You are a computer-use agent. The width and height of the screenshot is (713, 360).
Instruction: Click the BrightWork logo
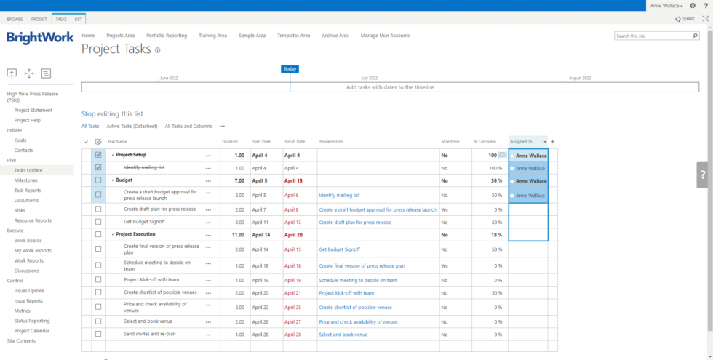pyautogui.click(x=40, y=37)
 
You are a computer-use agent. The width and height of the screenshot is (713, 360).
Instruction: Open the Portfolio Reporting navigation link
pyautogui.click(x=166, y=36)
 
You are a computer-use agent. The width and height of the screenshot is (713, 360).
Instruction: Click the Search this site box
pyautogui.click(x=652, y=36)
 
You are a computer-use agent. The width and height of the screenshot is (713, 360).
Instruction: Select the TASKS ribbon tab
pyautogui.click(x=60, y=19)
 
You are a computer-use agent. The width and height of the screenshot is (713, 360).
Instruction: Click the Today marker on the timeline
pyautogui.click(x=290, y=69)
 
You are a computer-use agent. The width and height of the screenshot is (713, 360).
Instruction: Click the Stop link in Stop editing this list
pyautogui.click(x=88, y=114)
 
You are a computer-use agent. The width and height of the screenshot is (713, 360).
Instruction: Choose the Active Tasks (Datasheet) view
pyautogui.click(x=132, y=126)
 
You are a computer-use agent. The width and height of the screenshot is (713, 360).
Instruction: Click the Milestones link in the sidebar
pyautogui.click(x=26, y=180)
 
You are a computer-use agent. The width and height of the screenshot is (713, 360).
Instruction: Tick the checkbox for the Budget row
pyautogui.click(x=98, y=180)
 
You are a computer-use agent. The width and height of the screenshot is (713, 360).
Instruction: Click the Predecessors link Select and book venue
pyautogui.click(x=343, y=335)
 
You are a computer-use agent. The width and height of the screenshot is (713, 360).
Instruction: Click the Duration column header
pyautogui.click(x=229, y=142)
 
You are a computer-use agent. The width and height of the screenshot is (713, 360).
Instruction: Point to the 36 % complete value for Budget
pyautogui.click(x=495, y=181)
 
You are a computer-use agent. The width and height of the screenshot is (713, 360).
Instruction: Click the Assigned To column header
pyautogui.click(x=521, y=142)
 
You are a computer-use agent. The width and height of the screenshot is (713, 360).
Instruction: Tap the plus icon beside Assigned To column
pyautogui.click(x=552, y=142)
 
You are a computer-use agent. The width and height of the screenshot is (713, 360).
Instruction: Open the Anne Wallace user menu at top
pyautogui.click(x=666, y=5)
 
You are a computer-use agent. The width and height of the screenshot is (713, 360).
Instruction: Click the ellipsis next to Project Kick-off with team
pyautogui.click(x=209, y=280)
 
